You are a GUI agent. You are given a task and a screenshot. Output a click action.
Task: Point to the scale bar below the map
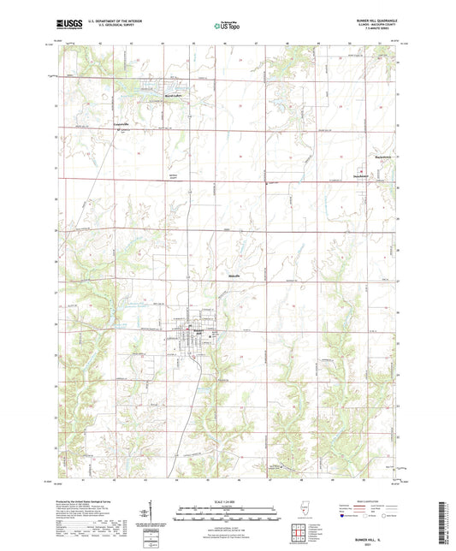pos(228,516)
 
